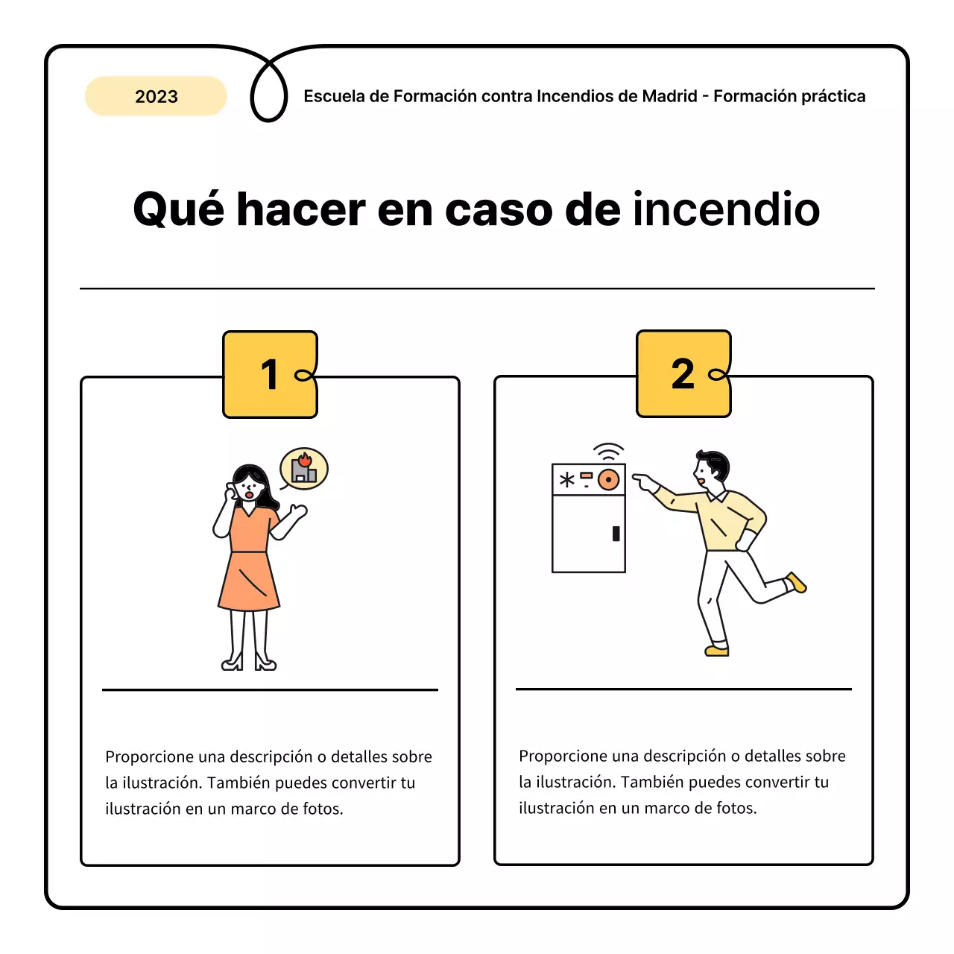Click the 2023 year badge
156,96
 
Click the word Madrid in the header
669,96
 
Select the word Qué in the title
178,209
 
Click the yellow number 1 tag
270,374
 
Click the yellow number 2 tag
683,373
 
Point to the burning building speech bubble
304,469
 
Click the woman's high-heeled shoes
249,661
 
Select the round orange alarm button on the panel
609,479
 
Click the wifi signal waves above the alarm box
609,452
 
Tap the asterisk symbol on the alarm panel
567,479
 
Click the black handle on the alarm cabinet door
616,533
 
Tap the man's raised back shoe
797,582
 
